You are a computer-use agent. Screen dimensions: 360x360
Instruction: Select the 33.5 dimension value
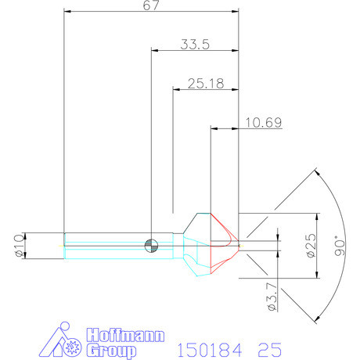(195, 45)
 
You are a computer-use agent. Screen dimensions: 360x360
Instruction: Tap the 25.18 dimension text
(206, 83)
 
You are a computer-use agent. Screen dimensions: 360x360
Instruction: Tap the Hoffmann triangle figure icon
(63, 340)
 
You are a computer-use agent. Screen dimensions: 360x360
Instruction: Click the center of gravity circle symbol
(150, 245)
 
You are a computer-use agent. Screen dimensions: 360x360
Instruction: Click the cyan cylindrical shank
(117, 252)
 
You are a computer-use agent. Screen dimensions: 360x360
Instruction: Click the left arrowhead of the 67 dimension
(67, 12)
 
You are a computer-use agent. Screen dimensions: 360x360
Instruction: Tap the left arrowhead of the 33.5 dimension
(154, 50)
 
